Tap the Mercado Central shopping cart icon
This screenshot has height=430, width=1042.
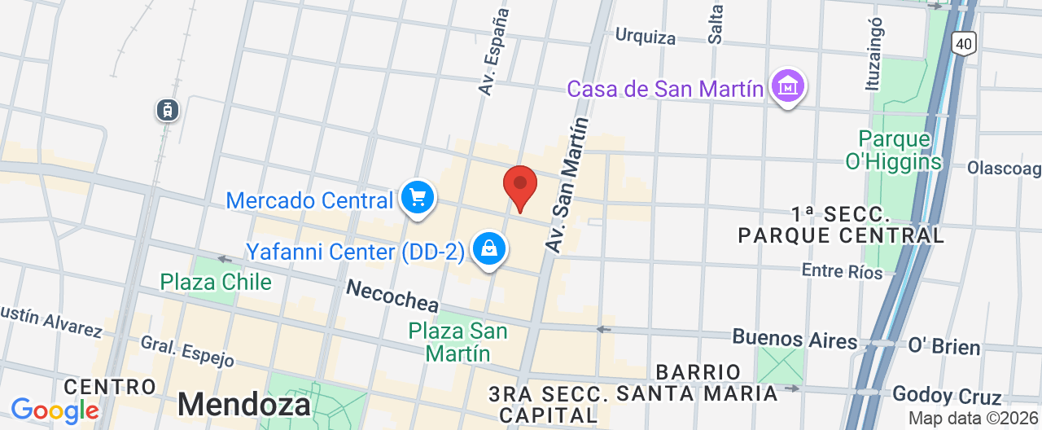coord(418,197)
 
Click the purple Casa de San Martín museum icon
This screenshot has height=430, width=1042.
coord(788,86)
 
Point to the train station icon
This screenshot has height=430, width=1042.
coord(168,110)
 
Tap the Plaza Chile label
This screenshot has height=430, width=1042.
coord(216,282)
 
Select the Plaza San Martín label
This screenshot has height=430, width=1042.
coord(458,342)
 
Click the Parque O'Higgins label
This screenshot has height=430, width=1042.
coord(894,150)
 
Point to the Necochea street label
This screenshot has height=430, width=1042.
coord(392,295)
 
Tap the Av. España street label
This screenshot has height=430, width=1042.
coord(495,51)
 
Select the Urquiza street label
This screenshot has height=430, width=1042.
coord(646,36)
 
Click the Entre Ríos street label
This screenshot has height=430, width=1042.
coord(843,270)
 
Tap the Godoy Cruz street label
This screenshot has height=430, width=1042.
coord(947,396)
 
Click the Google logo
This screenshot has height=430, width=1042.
coord(55,410)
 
